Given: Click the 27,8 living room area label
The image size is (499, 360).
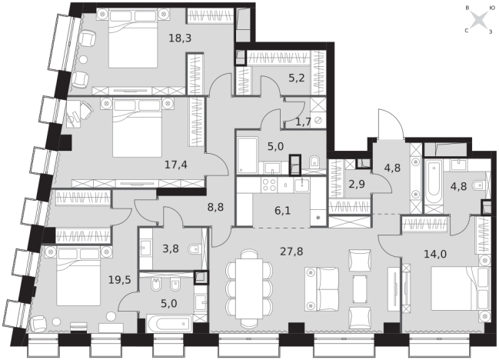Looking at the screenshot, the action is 291,252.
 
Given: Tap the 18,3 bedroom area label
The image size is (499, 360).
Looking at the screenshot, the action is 180,38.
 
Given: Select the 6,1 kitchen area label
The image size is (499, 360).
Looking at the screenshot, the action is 283,211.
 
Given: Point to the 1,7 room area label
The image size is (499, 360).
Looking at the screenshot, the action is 303,122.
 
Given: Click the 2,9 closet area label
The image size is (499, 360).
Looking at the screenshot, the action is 357,184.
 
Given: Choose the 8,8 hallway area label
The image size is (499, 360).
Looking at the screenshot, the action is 215,207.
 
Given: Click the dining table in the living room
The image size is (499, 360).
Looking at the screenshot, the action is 249,288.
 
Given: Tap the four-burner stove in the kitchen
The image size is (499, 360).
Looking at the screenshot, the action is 269,185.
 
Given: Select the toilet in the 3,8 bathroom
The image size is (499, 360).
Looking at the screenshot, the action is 194,249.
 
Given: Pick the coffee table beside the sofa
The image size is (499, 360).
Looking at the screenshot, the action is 360,289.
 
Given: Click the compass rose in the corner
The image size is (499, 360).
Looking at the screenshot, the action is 479,20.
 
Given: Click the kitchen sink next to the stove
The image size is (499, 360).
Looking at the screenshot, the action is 301,185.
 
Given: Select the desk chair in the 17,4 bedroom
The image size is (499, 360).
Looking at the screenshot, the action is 86,110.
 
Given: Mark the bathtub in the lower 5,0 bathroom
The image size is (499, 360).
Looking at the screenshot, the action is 170,324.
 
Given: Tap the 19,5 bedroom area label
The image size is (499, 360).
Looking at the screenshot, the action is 120,280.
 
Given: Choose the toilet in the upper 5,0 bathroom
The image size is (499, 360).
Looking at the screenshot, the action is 315,162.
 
